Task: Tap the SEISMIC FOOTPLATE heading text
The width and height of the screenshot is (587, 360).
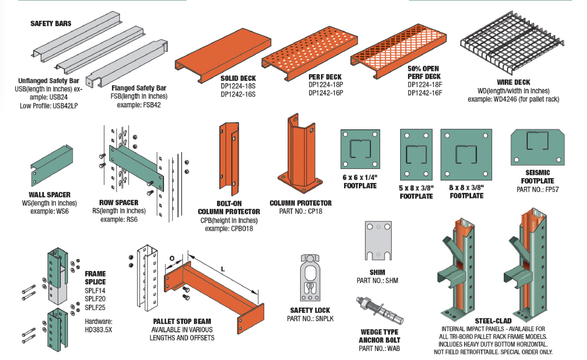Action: [537, 177]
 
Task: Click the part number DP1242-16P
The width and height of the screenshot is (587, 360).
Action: [326, 93]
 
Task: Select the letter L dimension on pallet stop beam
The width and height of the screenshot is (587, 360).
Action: [223, 269]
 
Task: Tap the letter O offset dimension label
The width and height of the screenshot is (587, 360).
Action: [172, 258]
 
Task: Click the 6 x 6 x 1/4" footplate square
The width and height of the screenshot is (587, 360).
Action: [360, 149]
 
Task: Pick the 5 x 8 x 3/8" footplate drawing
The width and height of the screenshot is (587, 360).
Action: [416, 155]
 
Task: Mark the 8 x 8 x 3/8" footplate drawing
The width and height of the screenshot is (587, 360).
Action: [466, 155]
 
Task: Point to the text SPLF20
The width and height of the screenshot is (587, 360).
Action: [95, 299]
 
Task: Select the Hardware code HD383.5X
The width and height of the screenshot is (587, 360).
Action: [98, 330]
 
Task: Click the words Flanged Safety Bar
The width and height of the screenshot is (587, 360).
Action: [139, 88]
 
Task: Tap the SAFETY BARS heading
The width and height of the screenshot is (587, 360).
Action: [51, 24]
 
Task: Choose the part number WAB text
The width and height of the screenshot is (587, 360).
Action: [393, 348]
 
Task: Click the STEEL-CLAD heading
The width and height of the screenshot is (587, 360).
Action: [493, 321]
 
